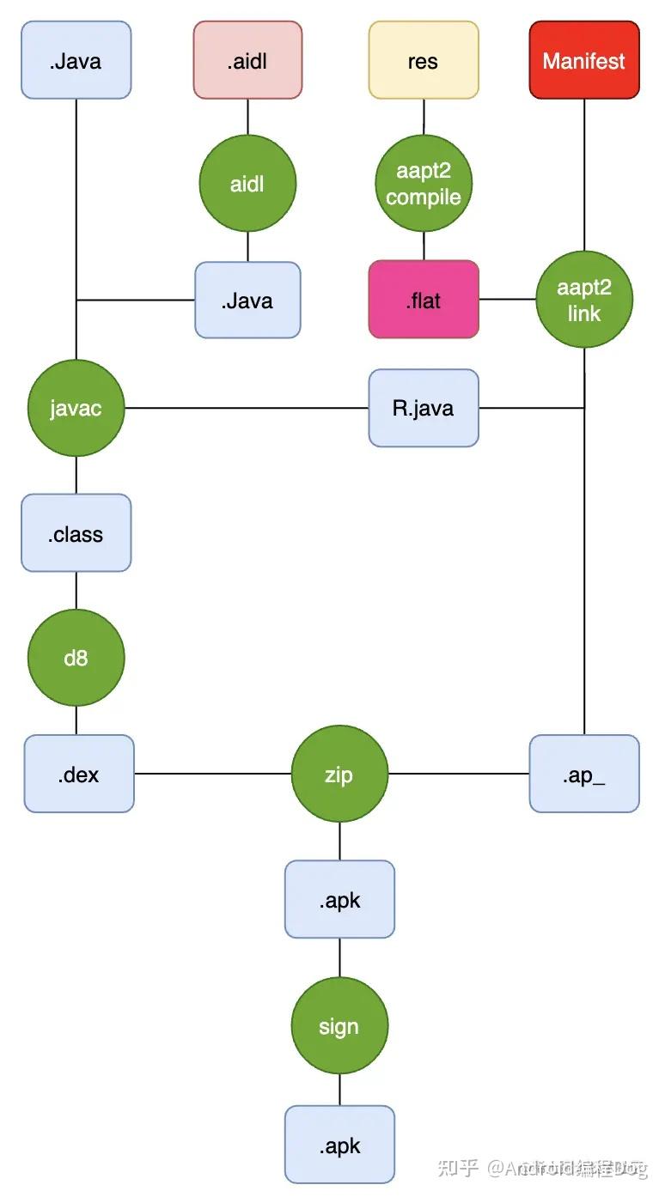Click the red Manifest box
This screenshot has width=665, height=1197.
(x=584, y=61)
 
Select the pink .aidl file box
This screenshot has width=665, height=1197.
(x=247, y=61)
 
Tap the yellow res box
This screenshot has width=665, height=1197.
(x=424, y=61)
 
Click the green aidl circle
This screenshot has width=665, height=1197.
(x=247, y=184)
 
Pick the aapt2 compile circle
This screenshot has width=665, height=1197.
(x=424, y=184)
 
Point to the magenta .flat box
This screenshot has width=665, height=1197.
(x=424, y=300)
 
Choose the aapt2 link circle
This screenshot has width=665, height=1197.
(x=584, y=300)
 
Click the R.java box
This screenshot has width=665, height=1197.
(x=424, y=408)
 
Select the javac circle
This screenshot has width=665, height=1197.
(x=76, y=408)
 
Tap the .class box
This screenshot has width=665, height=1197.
(x=76, y=533)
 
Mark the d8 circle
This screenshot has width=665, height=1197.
(x=76, y=659)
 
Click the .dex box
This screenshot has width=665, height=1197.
(x=79, y=774)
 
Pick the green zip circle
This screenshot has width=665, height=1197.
(x=339, y=774)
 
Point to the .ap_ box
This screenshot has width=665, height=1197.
(x=584, y=774)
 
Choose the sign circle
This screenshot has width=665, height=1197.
(x=339, y=1026)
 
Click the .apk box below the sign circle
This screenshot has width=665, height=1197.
(x=339, y=1145)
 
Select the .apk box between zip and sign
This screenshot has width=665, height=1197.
(x=339, y=900)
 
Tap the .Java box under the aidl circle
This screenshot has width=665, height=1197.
(x=247, y=300)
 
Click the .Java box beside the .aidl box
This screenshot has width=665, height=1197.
(x=76, y=61)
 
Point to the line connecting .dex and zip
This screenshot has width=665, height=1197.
(x=212, y=774)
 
